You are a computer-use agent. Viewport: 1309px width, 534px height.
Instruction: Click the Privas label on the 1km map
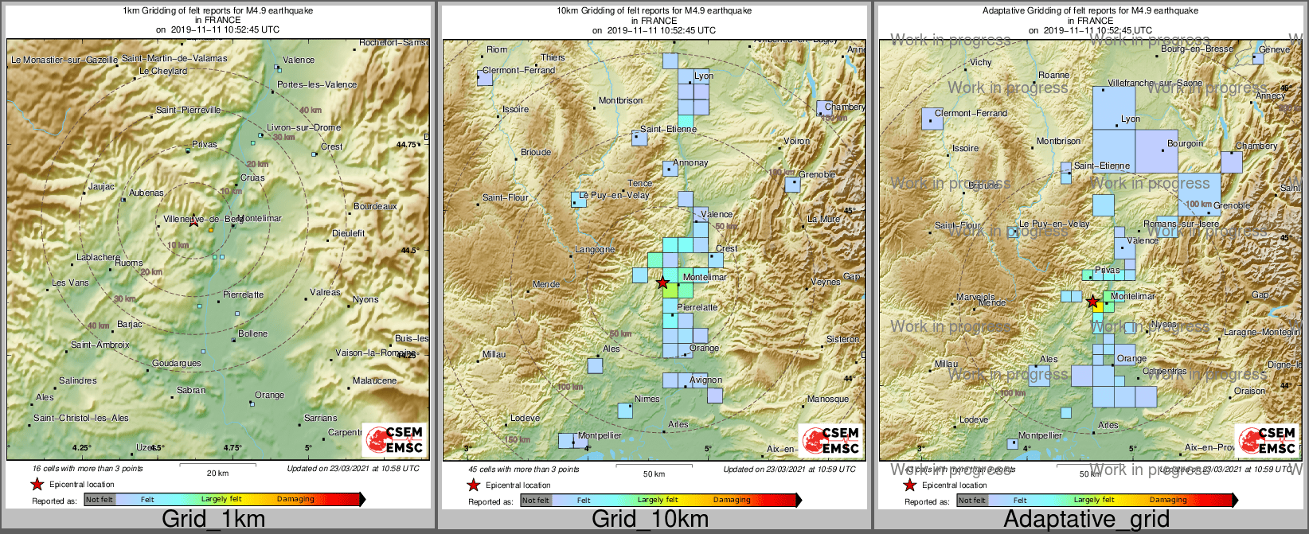pos(205,145)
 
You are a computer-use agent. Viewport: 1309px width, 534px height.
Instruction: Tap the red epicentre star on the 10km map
pos(662,283)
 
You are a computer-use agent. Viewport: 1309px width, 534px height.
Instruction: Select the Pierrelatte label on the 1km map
pos(243,294)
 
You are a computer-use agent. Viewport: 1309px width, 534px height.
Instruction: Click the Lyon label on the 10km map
pos(704,76)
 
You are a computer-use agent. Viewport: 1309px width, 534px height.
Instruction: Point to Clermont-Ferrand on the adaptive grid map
pos(971,113)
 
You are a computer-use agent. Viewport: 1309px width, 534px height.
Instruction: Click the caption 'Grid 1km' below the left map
pos(213,520)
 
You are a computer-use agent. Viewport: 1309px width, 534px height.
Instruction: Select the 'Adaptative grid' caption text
pos(1086,520)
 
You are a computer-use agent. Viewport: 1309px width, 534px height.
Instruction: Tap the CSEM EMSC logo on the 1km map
pos(395,440)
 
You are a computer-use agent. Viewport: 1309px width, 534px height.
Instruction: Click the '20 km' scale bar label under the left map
pos(217,473)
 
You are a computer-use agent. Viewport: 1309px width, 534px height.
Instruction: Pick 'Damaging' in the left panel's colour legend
pos(295,499)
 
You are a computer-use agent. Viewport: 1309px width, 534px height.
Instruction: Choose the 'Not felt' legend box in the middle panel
pos(536,500)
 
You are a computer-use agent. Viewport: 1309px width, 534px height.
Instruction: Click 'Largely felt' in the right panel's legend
pos(1094,500)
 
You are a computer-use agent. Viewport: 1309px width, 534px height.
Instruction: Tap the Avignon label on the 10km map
pos(706,380)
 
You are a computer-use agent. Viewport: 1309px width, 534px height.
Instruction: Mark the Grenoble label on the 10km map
pos(817,174)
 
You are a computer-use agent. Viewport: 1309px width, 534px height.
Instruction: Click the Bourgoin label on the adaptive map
pos(1185,143)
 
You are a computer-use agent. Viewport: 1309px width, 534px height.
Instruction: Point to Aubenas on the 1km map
pos(147,193)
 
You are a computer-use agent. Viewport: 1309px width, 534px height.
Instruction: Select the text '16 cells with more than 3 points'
pos(88,468)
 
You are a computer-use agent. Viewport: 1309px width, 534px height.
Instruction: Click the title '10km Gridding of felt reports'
pos(654,11)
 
